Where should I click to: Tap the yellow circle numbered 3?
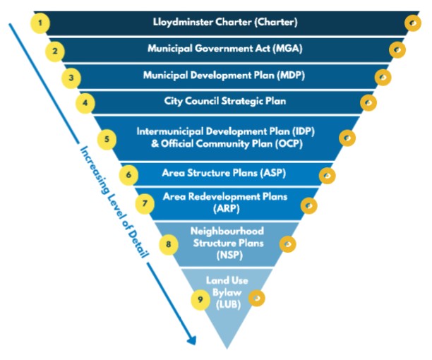click(x=71, y=77)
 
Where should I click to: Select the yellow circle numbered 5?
click(x=107, y=138)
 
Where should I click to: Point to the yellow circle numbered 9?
click(x=200, y=299)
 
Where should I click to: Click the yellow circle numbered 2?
click(x=55, y=51)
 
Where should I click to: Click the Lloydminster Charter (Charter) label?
click(x=225, y=22)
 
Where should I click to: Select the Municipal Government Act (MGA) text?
click(x=225, y=49)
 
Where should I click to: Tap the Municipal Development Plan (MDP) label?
click(x=224, y=76)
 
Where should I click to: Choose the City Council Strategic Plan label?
click(x=224, y=102)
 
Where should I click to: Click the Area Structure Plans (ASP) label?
click(x=224, y=172)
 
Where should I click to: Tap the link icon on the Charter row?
click(x=412, y=23)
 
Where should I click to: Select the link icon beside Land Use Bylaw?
click(x=257, y=299)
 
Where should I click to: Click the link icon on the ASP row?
click(x=327, y=174)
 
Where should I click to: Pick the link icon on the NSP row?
click(x=287, y=244)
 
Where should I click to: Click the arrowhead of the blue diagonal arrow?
click(x=191, y=340)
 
